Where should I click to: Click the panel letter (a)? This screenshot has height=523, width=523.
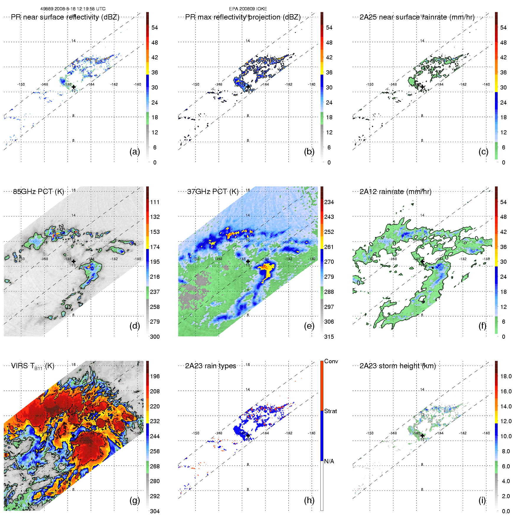coord(134,151)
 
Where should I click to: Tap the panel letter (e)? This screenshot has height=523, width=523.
coord(309,326)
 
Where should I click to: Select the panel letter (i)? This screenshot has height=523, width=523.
coord(482,500)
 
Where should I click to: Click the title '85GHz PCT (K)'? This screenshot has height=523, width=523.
coord(38,192)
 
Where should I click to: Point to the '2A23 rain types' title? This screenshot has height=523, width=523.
coord(211,366)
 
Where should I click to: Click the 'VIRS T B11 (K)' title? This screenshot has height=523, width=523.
coord(32,366)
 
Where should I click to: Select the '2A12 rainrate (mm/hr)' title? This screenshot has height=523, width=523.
coord(395,192)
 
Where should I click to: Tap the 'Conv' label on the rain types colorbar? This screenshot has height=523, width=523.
coord(331,361)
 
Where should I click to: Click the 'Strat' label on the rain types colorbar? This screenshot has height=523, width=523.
coord(330,411)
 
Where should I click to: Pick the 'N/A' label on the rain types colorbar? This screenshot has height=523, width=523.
coord(329,461)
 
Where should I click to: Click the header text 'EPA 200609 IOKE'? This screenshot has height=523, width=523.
coord(248,9)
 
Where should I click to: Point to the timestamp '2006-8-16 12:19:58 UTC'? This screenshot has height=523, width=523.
coord(80,9)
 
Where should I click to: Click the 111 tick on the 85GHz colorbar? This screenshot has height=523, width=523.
coord(155,202)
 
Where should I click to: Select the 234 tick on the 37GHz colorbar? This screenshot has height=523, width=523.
coord(329,202)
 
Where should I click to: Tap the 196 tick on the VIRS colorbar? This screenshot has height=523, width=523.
coord(155,376)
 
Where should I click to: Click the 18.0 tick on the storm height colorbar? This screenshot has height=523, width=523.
coord(506,376)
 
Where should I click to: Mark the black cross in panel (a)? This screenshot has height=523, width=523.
coord(74,87)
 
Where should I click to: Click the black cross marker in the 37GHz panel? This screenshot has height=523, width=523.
coord(248,261)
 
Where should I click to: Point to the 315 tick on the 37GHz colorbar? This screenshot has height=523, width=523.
coord(329,337)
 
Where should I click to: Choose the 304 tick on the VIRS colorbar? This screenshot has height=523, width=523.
coord(155,511)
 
